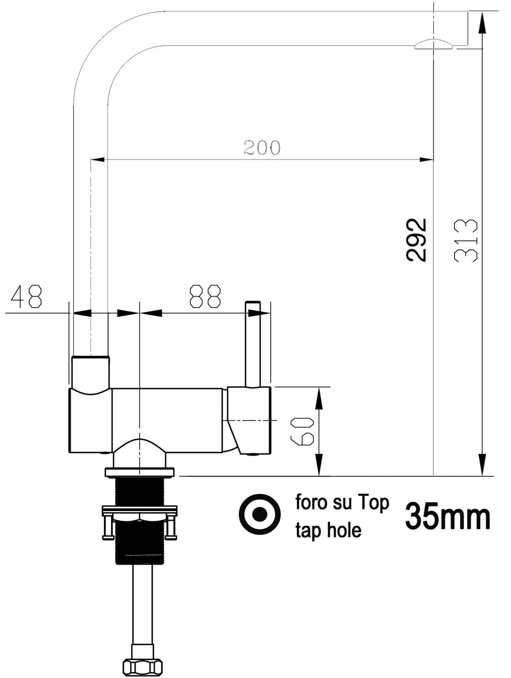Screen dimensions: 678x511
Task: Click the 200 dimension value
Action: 262,147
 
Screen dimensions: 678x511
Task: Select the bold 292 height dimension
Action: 417,239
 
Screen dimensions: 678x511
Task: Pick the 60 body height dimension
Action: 306,431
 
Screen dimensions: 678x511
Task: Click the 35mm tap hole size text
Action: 447,516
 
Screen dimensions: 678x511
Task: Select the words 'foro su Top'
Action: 342,503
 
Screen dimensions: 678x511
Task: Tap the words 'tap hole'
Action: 328,530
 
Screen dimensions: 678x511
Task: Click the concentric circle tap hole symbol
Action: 259,514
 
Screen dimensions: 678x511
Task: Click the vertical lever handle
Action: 253,344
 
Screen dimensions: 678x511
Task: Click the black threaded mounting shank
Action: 139,546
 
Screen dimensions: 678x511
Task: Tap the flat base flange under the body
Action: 140,471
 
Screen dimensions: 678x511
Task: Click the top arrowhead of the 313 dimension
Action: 482,21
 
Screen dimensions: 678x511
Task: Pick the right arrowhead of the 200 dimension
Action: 426,159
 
